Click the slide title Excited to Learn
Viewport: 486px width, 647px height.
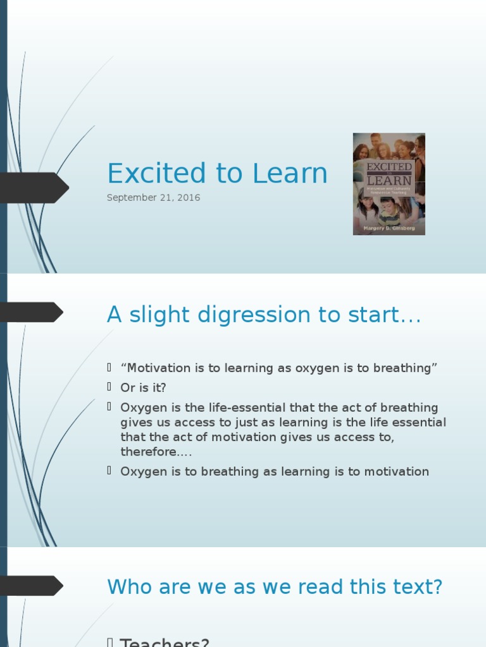click(217, 174)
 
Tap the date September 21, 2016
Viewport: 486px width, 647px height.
click(153, 198)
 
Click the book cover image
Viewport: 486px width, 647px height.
click(389, 184)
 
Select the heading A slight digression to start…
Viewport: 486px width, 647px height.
click(264, 315)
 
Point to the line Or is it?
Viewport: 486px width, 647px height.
click(143, 388)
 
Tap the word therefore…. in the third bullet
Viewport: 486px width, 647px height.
click(156, 452)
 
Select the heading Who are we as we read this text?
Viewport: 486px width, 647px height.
click(275, 587)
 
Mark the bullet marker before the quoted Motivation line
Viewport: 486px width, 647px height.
click(109, 368)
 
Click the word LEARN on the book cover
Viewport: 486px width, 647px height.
click(389, 179)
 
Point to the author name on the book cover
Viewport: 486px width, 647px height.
click(389, 228)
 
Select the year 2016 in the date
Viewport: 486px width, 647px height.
click(189, 198)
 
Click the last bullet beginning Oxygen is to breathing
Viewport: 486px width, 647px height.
click(275, 471)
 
